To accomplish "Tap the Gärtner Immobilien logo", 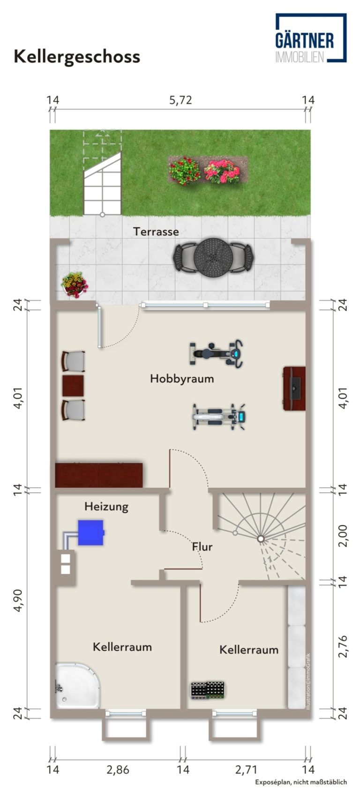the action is pos(310,38).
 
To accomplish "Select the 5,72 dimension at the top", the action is pos(180,100).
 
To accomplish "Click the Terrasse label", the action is pos(156,232).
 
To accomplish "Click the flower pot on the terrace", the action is pos(75,284).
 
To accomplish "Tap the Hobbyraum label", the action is pos(182,379).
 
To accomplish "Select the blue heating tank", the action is pos(91,532).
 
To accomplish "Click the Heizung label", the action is pos(106,507).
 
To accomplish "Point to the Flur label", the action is pos(202,547).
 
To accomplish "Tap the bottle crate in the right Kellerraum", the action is pos(208,691).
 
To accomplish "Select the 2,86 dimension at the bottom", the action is pos(118,769).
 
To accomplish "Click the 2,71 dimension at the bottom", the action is pos(246,769).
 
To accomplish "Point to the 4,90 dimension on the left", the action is pos(18,600).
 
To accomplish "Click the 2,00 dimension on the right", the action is pos(343,536).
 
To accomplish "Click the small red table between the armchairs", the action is pos(73,385).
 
